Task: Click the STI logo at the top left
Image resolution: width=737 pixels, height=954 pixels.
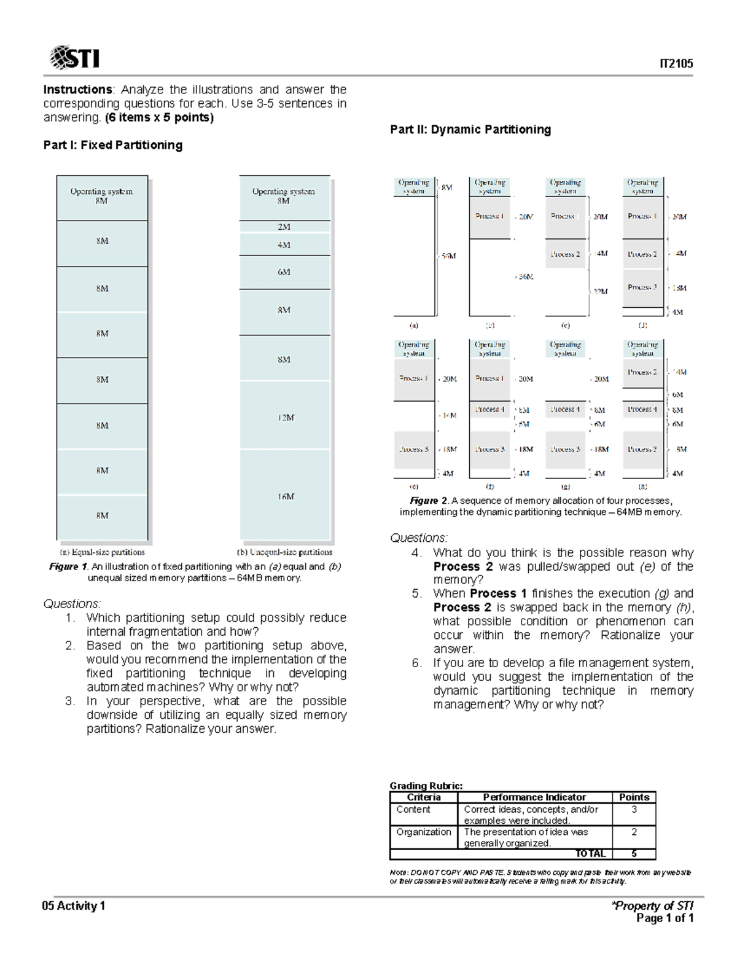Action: tap(74, 58)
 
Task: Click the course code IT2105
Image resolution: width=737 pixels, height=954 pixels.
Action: tap(676, 64)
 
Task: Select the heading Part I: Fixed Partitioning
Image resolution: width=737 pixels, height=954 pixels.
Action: tap(112, 145)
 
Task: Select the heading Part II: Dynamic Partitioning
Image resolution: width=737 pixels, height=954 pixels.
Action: tap(470, 130)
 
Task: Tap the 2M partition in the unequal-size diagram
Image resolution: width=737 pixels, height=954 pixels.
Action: tap(284, 227)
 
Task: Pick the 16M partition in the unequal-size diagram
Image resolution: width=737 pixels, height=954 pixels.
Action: tap(285, 496)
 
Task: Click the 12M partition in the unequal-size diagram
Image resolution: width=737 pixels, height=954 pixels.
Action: tap(286, 418)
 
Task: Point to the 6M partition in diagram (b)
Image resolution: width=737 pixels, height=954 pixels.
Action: tap(284, 272)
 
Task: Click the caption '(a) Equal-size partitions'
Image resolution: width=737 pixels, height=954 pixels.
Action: tap(102, 552)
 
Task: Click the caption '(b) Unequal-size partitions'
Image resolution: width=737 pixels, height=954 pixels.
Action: tap(284, 552)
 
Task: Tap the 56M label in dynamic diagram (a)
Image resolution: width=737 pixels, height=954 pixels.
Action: tap(449, 256)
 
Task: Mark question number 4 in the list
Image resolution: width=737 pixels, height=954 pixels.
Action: tap(417, 553)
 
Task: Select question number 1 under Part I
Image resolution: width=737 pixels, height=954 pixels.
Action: tap(71, 618)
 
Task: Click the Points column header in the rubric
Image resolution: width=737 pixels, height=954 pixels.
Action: tap(634, 797)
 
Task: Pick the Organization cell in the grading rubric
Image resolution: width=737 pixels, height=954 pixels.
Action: tap(424, 832)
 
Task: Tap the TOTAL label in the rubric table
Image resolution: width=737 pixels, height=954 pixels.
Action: tap(590, 854)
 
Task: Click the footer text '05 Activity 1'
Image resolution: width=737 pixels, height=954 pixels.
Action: tap(74, 906)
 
